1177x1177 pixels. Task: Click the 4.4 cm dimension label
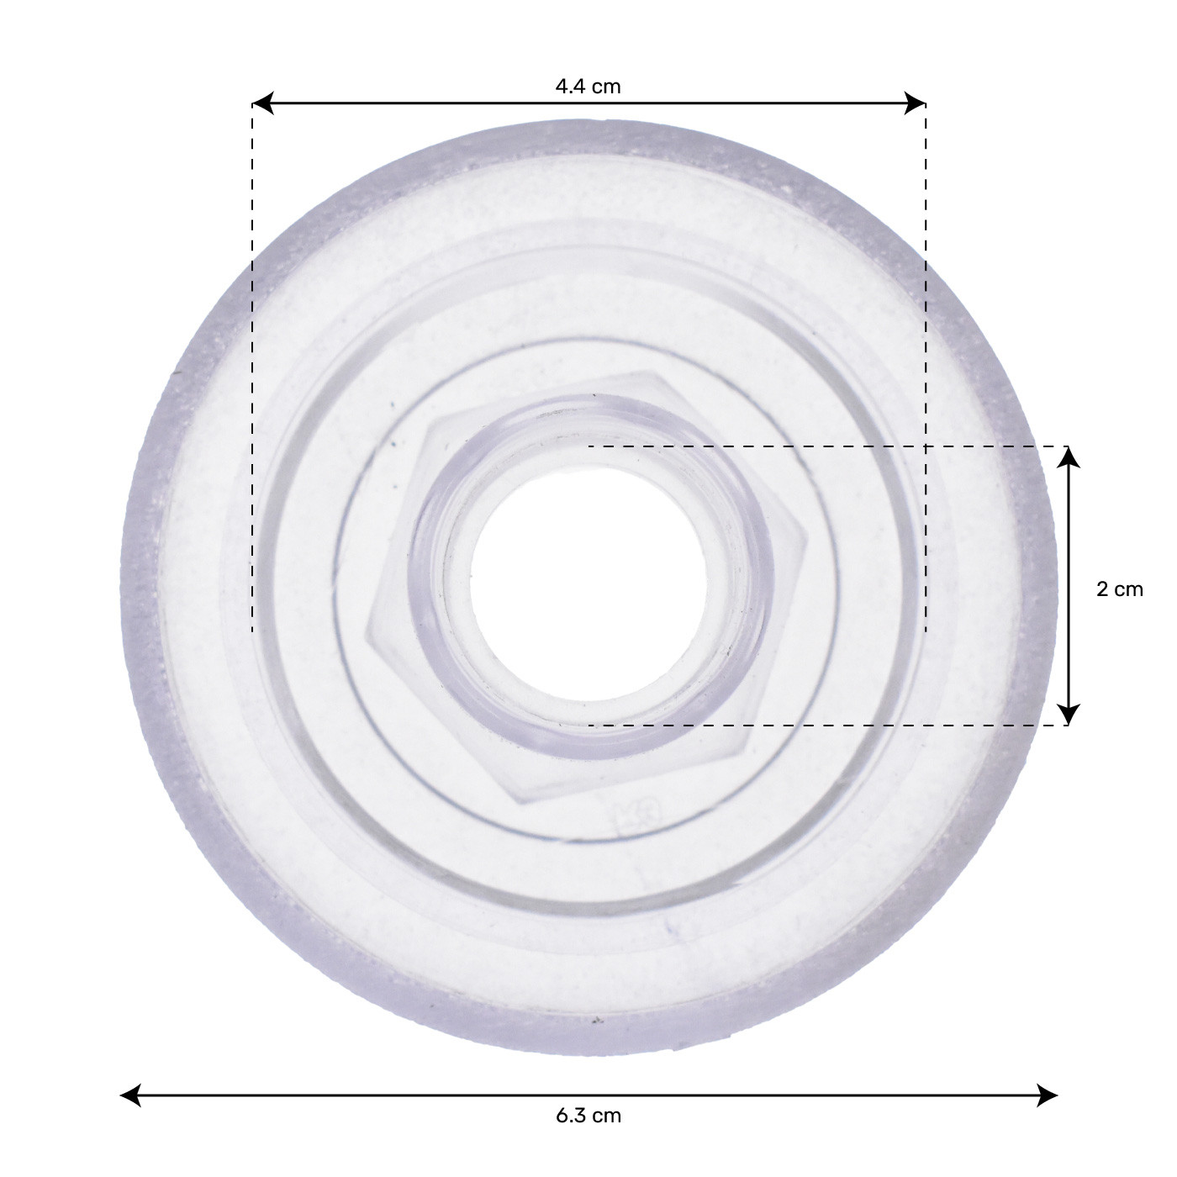click(588, 86)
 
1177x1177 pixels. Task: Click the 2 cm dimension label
click(1120, 588)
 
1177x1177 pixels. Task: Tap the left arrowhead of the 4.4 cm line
click(262, 104)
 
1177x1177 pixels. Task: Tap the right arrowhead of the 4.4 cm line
click(915, 104)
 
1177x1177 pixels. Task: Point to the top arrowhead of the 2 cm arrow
click(1068, 457)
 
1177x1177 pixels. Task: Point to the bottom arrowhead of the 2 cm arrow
click(1068, 715)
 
